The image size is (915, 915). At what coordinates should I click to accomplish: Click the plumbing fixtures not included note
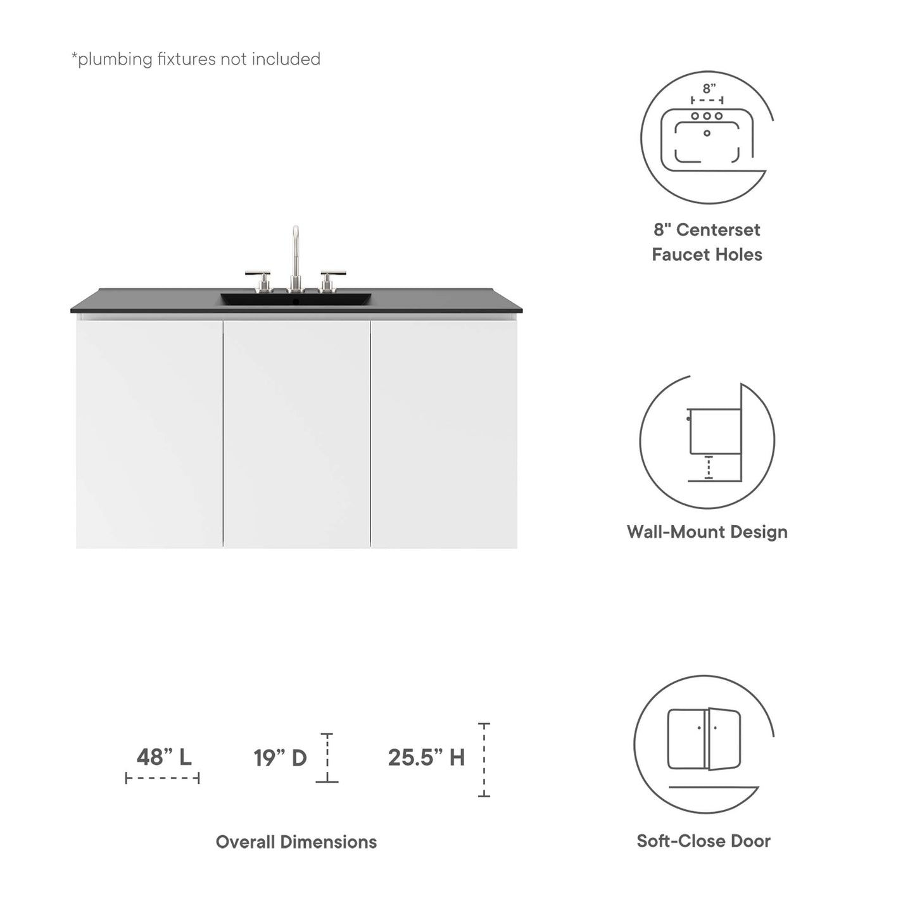point(196,59)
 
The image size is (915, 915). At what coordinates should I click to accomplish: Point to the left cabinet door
point(149,434)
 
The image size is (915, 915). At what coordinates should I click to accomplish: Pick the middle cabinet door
point(296,434)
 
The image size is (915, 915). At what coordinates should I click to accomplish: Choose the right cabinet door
point(443,434)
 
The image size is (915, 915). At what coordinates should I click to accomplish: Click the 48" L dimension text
point(164,757)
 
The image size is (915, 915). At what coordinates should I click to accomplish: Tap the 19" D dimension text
point(280,757)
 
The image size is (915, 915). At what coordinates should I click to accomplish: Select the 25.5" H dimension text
point(426,757)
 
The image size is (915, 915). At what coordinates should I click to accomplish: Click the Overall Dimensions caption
point(296,842)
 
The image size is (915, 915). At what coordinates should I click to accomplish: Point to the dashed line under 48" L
point(163,778)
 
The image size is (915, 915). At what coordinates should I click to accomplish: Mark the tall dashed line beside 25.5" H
point(484,759)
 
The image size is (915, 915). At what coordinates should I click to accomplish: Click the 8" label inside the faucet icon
point(709,89)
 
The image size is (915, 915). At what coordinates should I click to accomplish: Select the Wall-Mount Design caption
point(707,531)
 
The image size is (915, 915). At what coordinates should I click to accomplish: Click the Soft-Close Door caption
point(704,841)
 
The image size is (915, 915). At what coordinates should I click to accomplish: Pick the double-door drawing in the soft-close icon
point(704,739)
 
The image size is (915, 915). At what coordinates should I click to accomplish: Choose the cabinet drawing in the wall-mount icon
point(715,431)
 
